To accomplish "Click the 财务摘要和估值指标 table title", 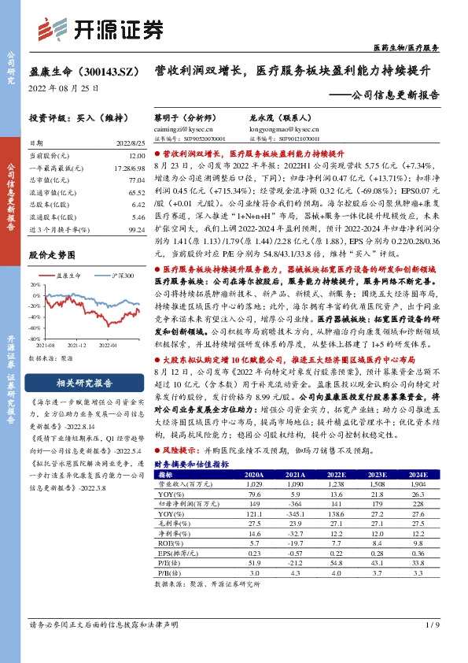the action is (191, 465).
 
